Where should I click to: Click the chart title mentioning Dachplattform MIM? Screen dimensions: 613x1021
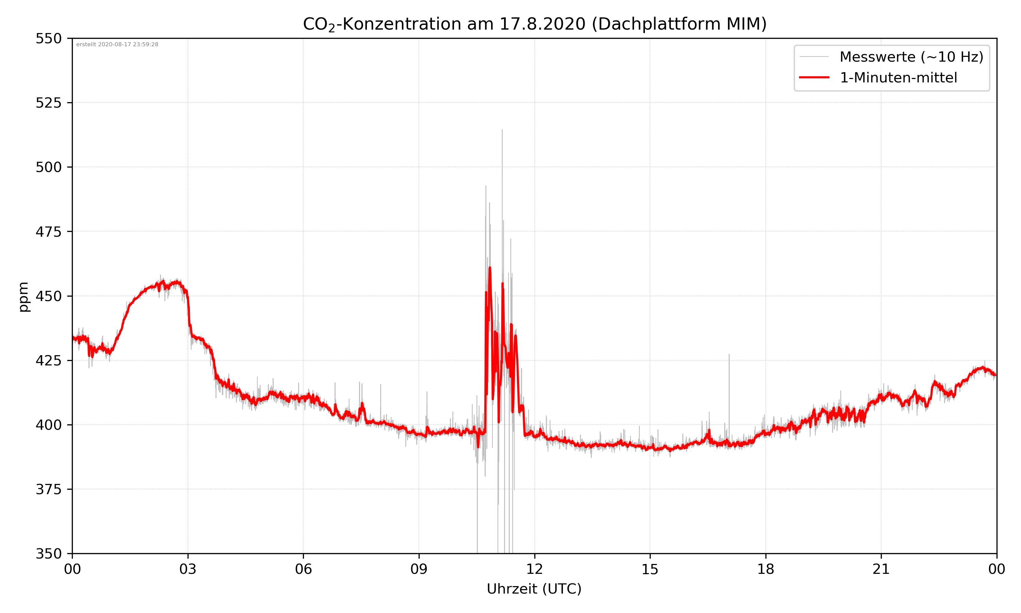[x=534, y=24]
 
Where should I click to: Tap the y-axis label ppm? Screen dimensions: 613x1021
[x=23, y=297]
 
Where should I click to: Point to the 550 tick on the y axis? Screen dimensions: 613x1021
[x=48, y=38]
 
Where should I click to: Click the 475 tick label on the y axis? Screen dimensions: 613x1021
[x=48, y=232]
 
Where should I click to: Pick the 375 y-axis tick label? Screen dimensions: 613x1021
[x=48, y=489]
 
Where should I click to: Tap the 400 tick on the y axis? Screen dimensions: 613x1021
[x=48, y=425]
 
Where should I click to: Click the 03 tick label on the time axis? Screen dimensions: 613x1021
[x=188, y=569]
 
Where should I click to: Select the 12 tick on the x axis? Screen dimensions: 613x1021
[x=534, y=569]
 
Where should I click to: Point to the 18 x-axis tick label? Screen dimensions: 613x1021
[x=765, y=569]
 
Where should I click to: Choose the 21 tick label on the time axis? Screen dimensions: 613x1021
[x=881, y=569]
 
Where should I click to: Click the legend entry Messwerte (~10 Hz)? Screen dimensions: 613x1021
[x=911, y=57]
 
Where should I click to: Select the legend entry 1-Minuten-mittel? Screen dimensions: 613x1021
[x=898, y=78]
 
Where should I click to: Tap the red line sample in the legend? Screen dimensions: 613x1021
[x=814, y=77]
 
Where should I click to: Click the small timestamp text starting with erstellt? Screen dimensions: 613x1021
[x=117, y=45]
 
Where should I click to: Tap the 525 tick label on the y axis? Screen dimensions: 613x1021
[x=48, y=103]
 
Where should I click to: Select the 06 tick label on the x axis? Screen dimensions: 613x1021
[x=303, y=569]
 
